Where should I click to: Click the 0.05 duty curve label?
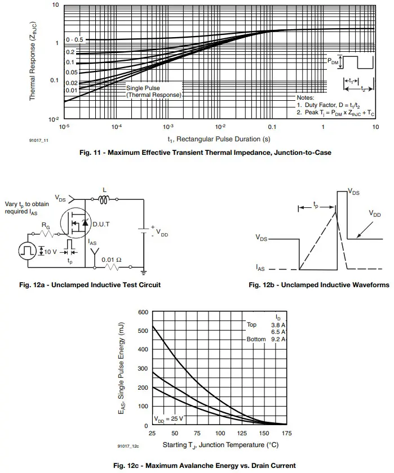(71, 72)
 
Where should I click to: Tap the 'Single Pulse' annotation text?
(143, 88)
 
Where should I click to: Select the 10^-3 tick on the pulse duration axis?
(168, 127)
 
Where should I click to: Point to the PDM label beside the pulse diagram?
(334, 60)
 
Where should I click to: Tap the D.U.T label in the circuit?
(102, 224)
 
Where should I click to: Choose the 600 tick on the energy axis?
(143, 312)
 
